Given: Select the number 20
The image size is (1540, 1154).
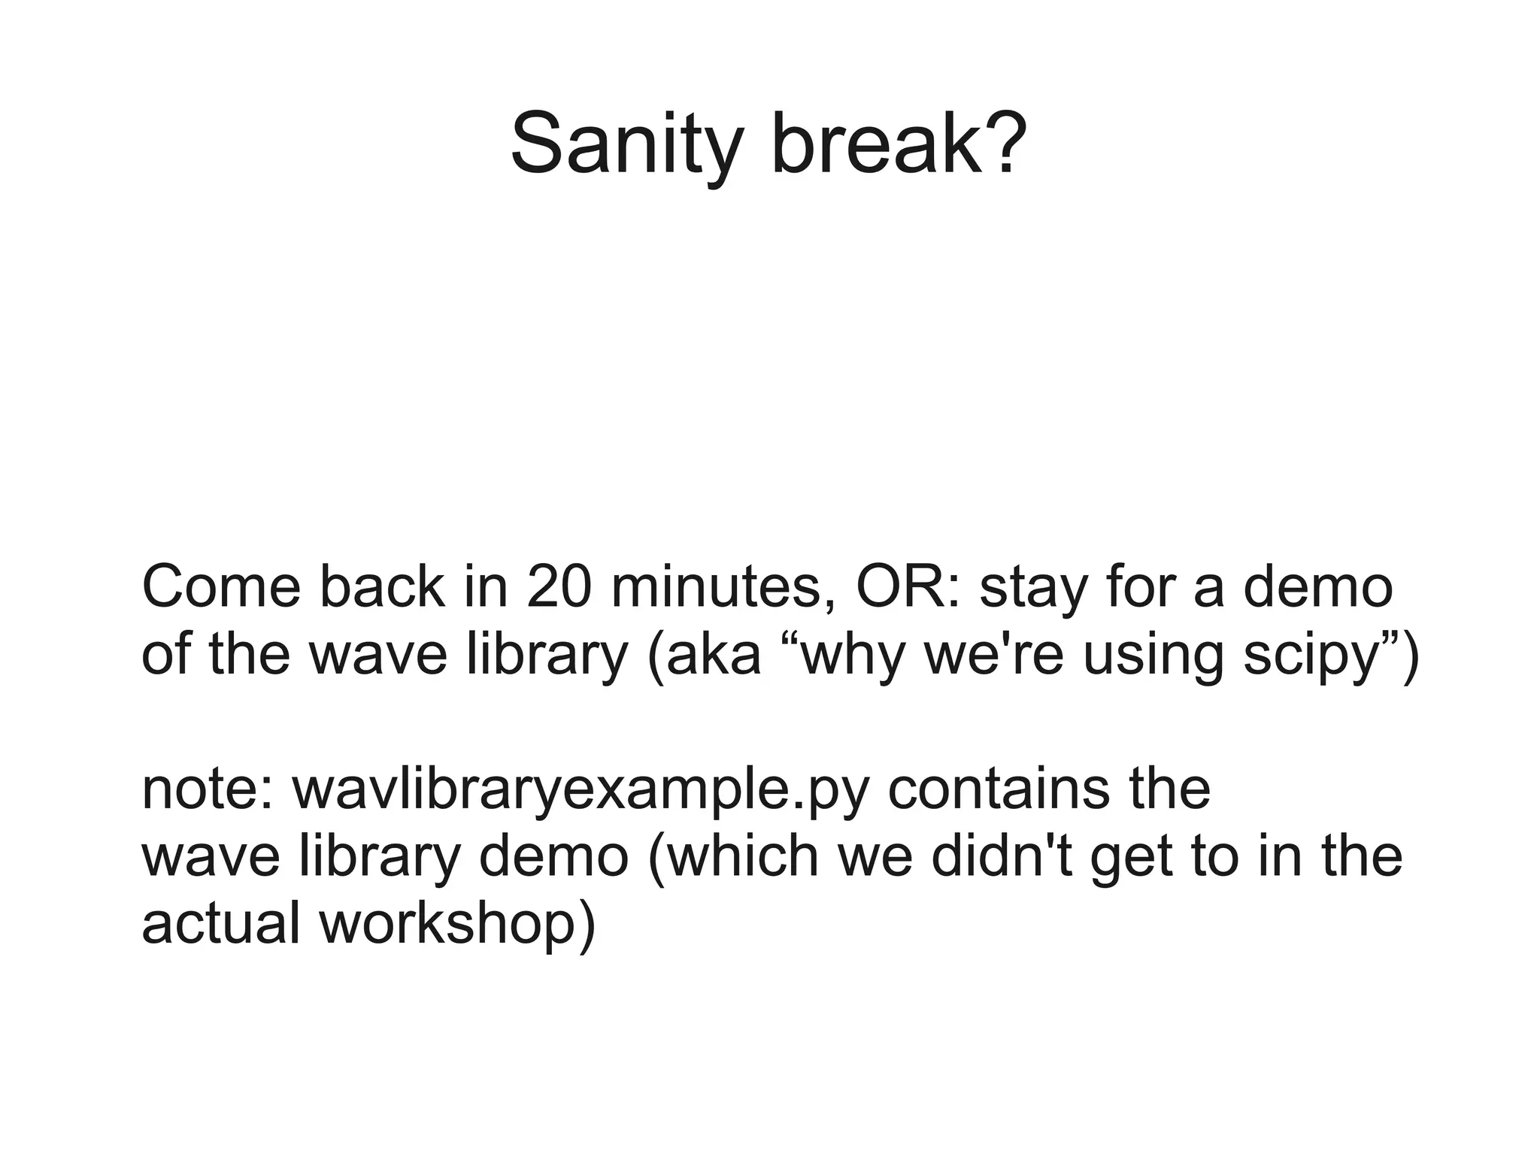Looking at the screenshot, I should tap(559, 587).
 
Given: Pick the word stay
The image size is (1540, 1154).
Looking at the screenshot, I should tap(1034, 589).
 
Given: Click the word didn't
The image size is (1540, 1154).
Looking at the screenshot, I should tap(1003, 856).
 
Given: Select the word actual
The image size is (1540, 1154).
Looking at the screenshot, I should tap(221, 923).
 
